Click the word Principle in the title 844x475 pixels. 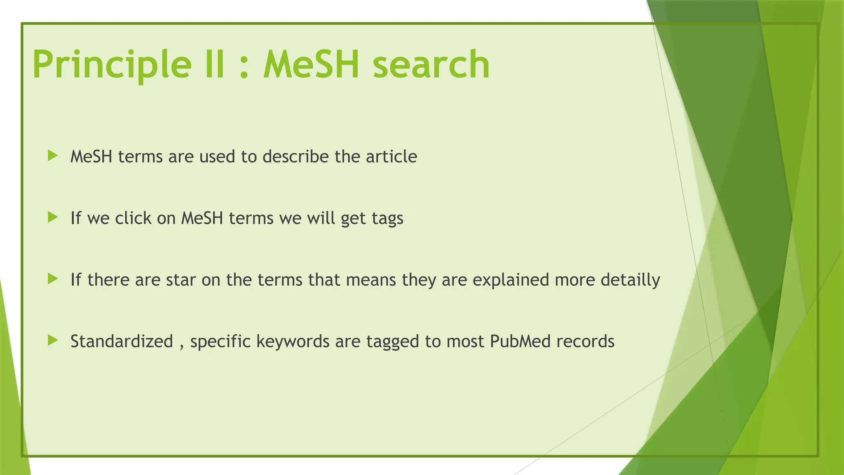pyautogui.click(x=112, y=65)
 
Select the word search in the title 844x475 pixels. pyautogui.click(x=431, y=65)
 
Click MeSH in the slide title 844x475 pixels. pyautogui.click(x=312, y=65)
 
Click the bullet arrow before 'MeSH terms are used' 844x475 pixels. pyautogui.click(x=53, y=156)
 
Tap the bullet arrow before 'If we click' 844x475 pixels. pyautogui.click(x=53, y=217)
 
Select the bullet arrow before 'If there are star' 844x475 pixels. pyautogui.click(x=53, y=279)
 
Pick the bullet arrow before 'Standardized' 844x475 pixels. pyautogui.click(x=53, y=341)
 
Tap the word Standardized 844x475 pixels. pyautogui.click(x=122, y=341)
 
